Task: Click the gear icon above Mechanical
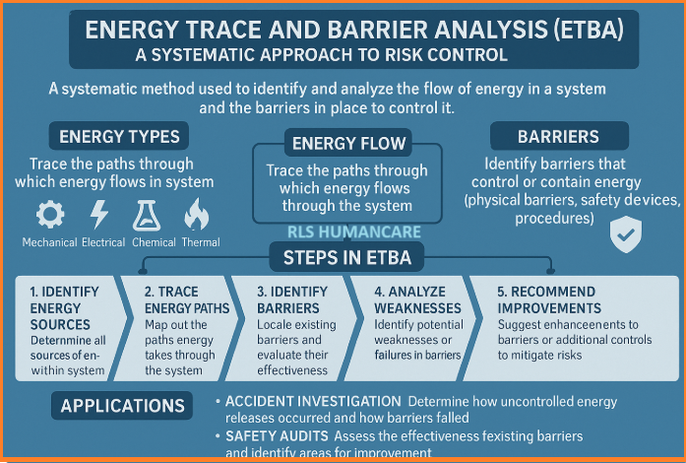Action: click(x=50, y=214)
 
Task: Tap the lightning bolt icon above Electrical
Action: click(x=98, y=214)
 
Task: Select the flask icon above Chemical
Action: click(x=147, y=215)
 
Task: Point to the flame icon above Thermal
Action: click(x=197, y=214)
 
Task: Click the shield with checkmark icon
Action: click(x=626, y=234)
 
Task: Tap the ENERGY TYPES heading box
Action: click(x=119, y=136)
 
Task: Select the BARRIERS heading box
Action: click(x=559, y=136)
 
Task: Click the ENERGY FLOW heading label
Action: click(x=348, y=143)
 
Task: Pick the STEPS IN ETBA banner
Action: click(x=347, y=257)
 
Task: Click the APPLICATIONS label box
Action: click(x=122, y=406)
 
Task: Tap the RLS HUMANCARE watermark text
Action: click(x=354, y=231)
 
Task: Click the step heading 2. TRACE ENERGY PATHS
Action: click(x=187, y=300)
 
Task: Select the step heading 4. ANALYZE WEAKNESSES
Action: click(x=417, y=300)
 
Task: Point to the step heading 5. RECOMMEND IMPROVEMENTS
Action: click(x=549, y=300)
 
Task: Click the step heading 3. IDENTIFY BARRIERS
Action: click(x=291, y=300)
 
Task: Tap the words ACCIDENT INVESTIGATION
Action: click(x=313, y=401)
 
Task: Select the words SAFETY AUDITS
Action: click(x=277, y=436)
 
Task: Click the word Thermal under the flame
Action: click(x=201, y=242)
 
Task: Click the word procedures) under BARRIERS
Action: click(x=554, y=218)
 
